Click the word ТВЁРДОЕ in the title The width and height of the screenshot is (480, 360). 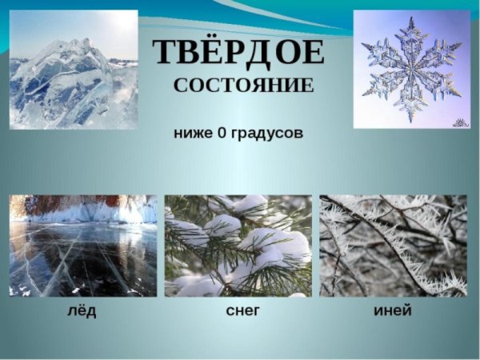(x=238, y=54)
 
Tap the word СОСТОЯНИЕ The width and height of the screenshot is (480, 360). (x=244, y=86)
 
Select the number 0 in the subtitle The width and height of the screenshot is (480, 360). (x=221, y=133)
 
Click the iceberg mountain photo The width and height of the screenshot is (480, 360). (x=74, y=70)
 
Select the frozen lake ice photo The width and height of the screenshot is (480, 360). (x=83, y=256)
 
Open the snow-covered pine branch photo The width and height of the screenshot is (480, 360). (x=238, y=246)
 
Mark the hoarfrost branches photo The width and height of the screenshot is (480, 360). (x=393, y=246)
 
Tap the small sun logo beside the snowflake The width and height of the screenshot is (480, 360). (x=459, y=122)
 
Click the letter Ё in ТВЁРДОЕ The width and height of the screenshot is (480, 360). (x=206, y=52)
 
